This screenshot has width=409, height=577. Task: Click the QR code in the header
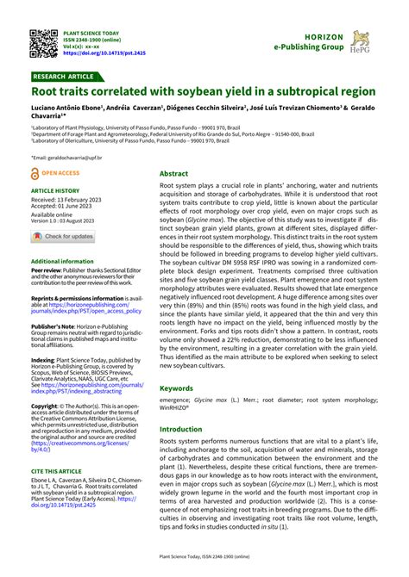42,42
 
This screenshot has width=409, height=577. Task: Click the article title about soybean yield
204,91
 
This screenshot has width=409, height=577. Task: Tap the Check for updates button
64,236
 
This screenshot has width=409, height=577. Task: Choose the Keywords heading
176,388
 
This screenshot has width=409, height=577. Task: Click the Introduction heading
180,429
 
